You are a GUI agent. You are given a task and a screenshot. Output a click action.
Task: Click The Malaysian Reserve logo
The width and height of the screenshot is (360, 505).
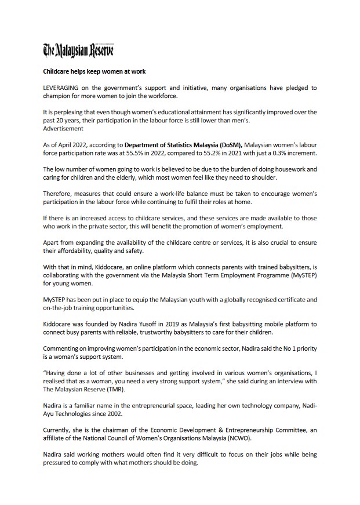[79, 51]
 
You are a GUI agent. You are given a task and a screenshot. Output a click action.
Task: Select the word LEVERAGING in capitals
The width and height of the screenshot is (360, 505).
[63, 88]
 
